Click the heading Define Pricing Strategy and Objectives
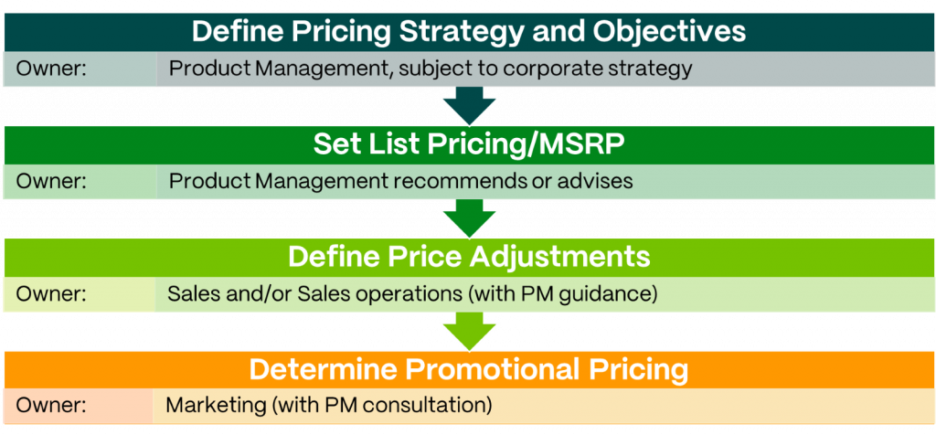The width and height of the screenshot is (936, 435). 469,31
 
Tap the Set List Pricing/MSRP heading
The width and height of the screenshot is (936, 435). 469,145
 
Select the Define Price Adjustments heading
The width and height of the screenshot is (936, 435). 469,257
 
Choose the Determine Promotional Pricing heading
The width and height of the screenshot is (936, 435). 469,369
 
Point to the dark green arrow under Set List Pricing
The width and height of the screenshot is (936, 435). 469,217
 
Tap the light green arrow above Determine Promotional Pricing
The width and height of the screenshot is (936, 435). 469,331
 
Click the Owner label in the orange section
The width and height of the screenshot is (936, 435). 51,405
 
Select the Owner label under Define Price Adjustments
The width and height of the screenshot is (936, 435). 51,293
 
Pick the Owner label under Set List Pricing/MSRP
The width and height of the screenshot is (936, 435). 51,181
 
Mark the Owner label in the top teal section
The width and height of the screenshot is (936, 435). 51,69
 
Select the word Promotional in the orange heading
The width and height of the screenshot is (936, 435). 495,369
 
